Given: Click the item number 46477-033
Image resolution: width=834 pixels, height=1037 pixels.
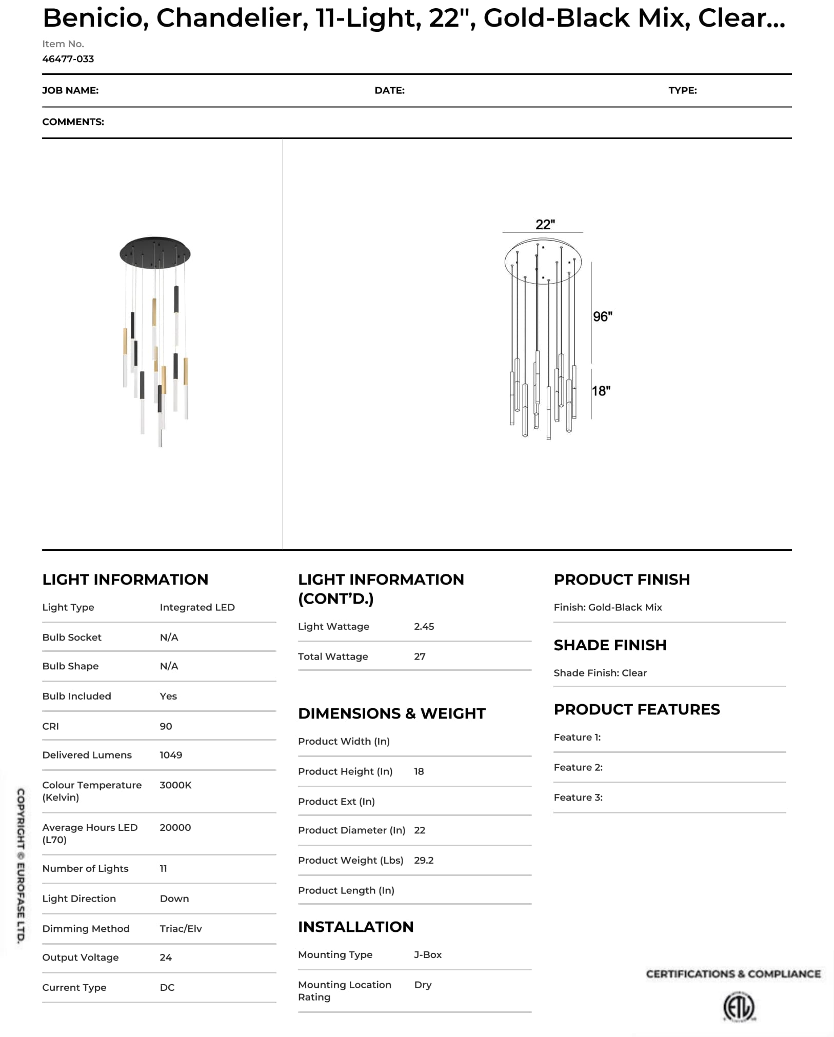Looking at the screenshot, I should click(68, 59).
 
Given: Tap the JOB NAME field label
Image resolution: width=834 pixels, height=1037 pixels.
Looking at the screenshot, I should click(70, 91).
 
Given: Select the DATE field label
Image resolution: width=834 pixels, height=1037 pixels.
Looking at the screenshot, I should click(389, 91).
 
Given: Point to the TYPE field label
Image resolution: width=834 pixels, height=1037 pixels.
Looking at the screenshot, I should click(682, 91).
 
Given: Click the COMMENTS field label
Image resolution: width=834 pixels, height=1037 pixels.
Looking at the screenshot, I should click(73, 122).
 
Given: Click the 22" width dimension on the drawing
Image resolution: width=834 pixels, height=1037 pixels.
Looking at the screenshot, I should click(545, 225).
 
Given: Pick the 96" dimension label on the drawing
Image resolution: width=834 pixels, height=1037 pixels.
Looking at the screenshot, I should click(602, 317).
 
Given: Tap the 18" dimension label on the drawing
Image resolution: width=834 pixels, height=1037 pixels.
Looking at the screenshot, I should click(601, 391).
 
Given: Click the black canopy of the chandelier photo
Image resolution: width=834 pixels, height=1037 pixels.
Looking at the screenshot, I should click(155, 252).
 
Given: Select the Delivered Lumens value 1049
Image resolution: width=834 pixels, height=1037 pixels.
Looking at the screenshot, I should click(171, 755).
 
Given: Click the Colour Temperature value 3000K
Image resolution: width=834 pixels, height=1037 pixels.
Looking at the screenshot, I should click(175, 785).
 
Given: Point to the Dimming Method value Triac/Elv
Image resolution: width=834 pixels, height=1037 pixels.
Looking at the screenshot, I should click(181, 929).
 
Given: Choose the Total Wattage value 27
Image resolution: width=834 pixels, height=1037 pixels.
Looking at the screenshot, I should click(420, 656).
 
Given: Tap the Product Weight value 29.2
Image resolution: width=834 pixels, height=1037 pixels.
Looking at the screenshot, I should click(424, 860).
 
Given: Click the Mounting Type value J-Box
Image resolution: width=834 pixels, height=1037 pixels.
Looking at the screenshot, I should click(428, 954).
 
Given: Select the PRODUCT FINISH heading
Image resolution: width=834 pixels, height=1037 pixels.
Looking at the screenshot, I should click(622, 580).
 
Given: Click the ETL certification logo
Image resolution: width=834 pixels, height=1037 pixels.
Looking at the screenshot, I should click(739, 1007).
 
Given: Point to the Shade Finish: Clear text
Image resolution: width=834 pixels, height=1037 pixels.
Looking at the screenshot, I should click(600, 673).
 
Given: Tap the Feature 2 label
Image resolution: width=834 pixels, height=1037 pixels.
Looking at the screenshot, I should click(578, 767).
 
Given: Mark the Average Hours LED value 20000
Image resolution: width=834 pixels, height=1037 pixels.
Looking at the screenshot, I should click(175, 827).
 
